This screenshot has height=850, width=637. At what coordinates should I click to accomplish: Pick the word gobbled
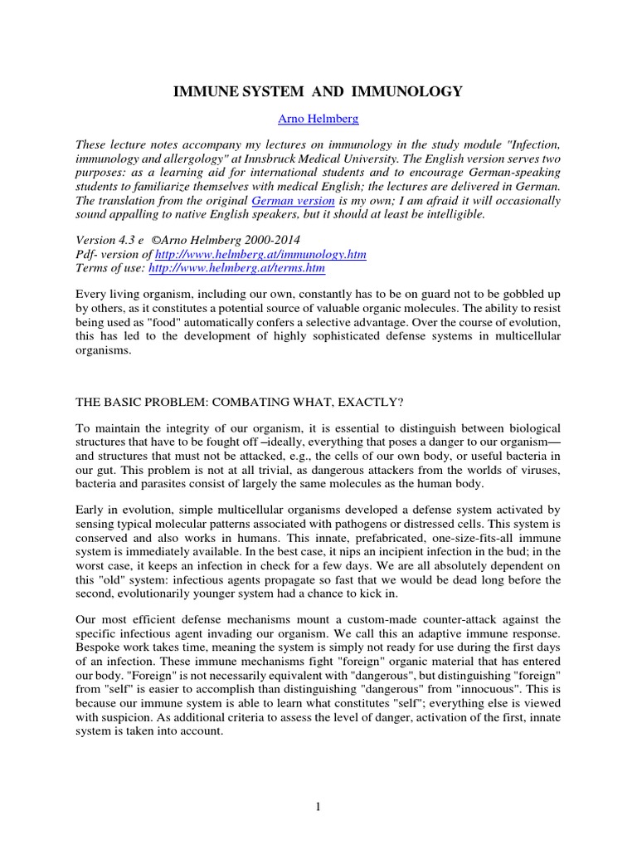[516, 296]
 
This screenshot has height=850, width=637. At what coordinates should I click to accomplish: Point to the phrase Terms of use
[109, 268]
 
